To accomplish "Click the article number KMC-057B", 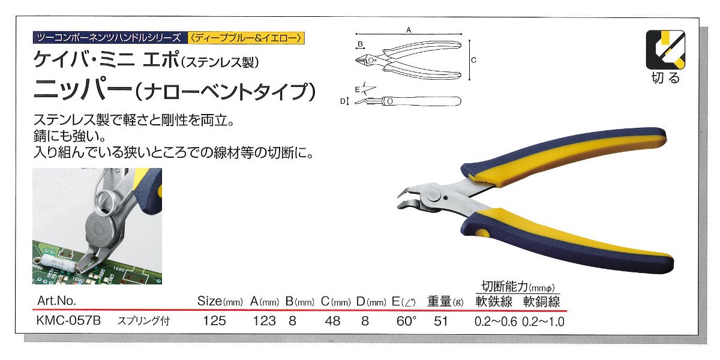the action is [x=68, y=321].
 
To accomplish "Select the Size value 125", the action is [x=214, y=321].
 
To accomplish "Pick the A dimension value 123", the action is [x=264, y=321].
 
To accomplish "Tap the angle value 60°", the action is [x=406, y=321].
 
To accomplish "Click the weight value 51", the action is [x=440, y=321].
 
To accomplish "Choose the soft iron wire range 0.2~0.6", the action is [x=496, y=322].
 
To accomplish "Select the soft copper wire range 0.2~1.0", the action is [x=543, y=322].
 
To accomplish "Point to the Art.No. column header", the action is [x=56, y=301].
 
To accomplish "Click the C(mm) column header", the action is [x=335, y=301].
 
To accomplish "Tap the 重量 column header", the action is [x=445, y=301].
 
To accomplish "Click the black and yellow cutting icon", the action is [x=665, y=50].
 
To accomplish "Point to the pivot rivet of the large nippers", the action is [x=434, y=196].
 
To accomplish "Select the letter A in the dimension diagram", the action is [x=409, y=30].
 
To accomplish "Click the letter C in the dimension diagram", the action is [x=473, y=60].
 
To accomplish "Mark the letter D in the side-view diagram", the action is [x=343, y=101].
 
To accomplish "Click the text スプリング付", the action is [x=143, y=321].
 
